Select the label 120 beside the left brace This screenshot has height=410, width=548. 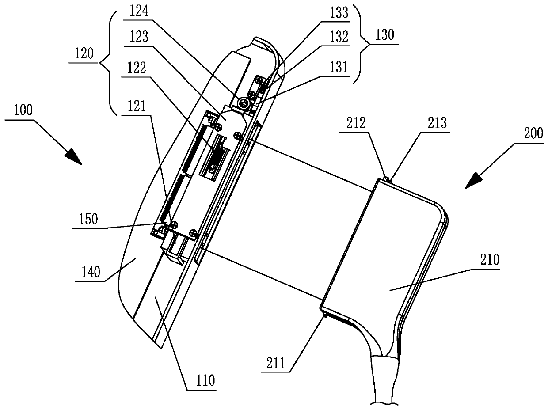(x=82, y=55)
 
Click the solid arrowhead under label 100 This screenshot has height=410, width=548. (x=73, y=158)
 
